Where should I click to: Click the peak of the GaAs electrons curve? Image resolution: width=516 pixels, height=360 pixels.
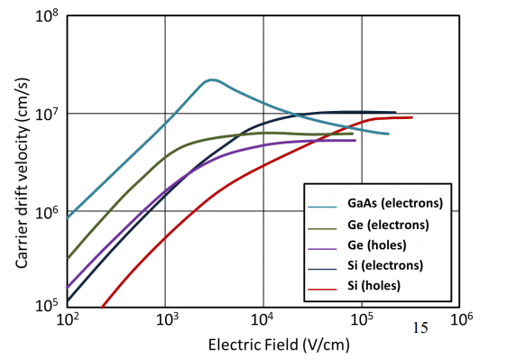(210, 79)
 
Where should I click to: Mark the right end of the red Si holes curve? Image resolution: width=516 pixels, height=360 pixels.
(412, 117)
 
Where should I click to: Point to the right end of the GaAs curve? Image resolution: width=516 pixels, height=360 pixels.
(388, 134)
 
